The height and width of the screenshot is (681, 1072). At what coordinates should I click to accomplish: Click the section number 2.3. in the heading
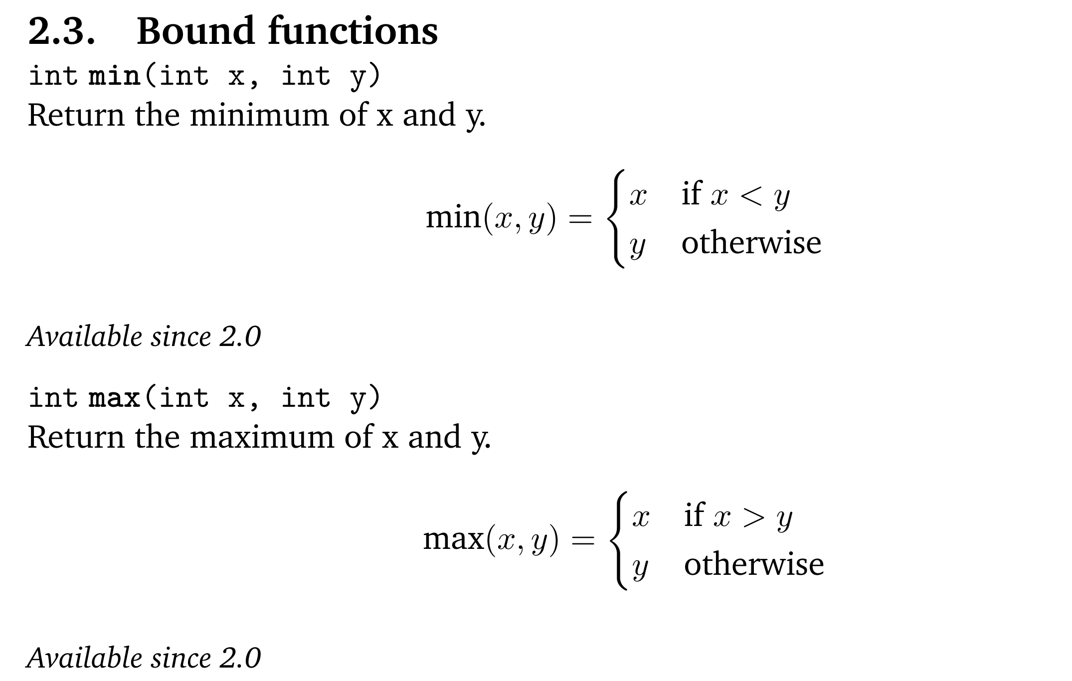61,31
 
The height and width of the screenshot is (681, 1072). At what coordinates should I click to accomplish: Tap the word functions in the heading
353,31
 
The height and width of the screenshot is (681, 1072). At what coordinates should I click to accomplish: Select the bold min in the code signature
114,76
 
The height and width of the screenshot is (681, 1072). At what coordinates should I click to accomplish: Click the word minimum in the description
259,115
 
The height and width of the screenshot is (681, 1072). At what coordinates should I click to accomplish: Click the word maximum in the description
262,437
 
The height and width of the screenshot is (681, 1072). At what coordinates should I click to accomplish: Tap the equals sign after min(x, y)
580,218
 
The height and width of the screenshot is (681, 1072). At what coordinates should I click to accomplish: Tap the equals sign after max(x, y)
583,540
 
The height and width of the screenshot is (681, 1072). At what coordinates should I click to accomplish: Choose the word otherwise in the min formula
751,243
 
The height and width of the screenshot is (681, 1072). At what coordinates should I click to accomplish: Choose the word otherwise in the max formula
753,565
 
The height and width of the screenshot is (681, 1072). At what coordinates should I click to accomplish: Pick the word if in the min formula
692,193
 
